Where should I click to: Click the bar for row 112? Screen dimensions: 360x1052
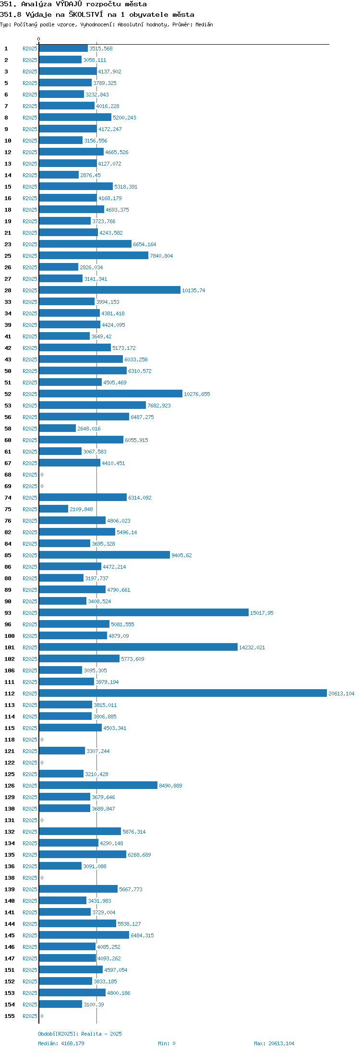pyautogui.click(x=183, y=693)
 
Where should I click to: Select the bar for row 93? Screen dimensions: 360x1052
pyautogui.click(x=144, y=612)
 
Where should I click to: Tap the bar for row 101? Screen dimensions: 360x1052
pyautogui.click(x=138, y=647)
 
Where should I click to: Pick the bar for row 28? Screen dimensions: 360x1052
pyautogui.click(x=110, y=290)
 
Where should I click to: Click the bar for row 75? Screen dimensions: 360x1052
pyautogui.click(x=54, y=509)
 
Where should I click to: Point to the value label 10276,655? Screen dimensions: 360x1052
pyautogui.click(x=197, y=394)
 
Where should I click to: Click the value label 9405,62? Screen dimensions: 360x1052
pyautogui.click(x=181, y=555)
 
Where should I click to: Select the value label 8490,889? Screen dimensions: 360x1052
pyautogui.click(x=170, y=786)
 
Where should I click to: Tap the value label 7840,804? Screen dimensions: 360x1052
pyautogui.click(x=161, y=256)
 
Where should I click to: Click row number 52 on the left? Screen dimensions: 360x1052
pyautogui.click(x=8, y=394)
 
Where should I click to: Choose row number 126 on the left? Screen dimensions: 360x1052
pyautogui.click(x=10, y=786)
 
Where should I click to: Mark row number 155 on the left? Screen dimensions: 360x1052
pyautogui.click(x=10, y=1016)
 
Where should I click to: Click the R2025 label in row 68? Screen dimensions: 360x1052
pyautogui.click(x=30, y=475)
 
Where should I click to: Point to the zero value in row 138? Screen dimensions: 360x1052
pyautogui.click(x=42, y=878)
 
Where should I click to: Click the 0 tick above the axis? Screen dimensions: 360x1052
pyautogui.click(x=39, y=39)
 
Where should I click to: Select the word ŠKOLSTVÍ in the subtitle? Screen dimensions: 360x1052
pyautogui.click(x=85, y=14)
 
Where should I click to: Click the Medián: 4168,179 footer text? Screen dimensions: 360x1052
pyautogui.click(x=61, y=1043)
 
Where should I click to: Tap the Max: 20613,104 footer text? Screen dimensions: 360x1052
pyautogui.click(x=274, y=1043)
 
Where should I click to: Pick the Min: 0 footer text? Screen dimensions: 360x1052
pyautogui.click(x=167, y=1043)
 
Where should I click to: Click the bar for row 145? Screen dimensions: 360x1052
pyautogui.click(x=84, y=935)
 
